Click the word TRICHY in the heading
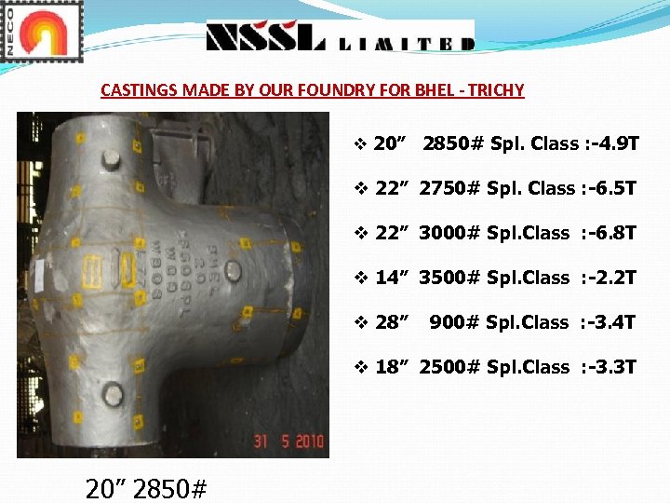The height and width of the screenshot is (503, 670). point(497,90)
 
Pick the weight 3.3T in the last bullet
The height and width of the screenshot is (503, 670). point(614,367)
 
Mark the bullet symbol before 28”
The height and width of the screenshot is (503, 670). point(361,322)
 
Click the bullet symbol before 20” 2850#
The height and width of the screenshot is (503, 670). point(361,144)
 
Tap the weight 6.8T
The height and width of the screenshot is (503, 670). point(614,233)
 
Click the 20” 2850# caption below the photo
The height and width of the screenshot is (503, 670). point(146,487)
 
